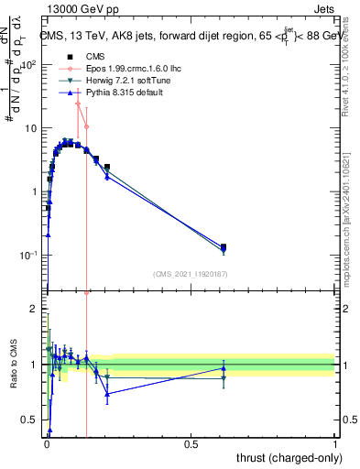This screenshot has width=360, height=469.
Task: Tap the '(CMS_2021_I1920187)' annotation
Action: point(191,273)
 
